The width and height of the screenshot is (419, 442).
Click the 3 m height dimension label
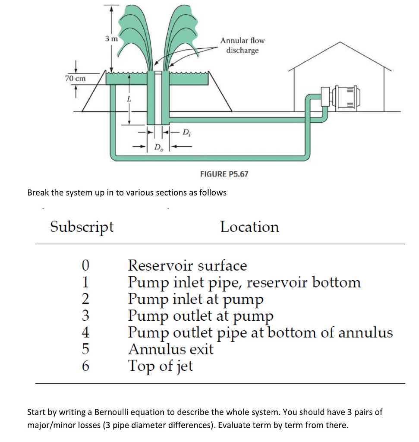click(x=111, y=39)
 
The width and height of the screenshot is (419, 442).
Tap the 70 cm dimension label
click(x=76, y=79)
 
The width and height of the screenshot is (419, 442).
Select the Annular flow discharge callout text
click(x=242, y=45)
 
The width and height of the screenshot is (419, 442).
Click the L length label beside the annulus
click(x=128, y=99)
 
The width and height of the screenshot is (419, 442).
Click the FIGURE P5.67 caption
click(x=224, y=174)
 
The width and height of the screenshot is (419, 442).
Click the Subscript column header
click(x=82, y=226)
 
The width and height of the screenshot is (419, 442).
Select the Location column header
click(x=249, y=227)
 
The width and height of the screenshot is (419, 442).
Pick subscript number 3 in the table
click(x=85, y=316)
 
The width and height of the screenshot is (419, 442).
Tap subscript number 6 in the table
click(x=85, y=366)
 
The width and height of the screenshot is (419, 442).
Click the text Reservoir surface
click(x=188, y=265)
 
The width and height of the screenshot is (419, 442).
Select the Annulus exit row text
click(x=171, y=349)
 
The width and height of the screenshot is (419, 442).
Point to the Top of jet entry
click(x=161, y=366)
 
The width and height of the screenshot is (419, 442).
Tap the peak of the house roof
click(x=340, y=42)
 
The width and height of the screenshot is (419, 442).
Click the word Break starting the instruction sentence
click(x=38, y=193)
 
